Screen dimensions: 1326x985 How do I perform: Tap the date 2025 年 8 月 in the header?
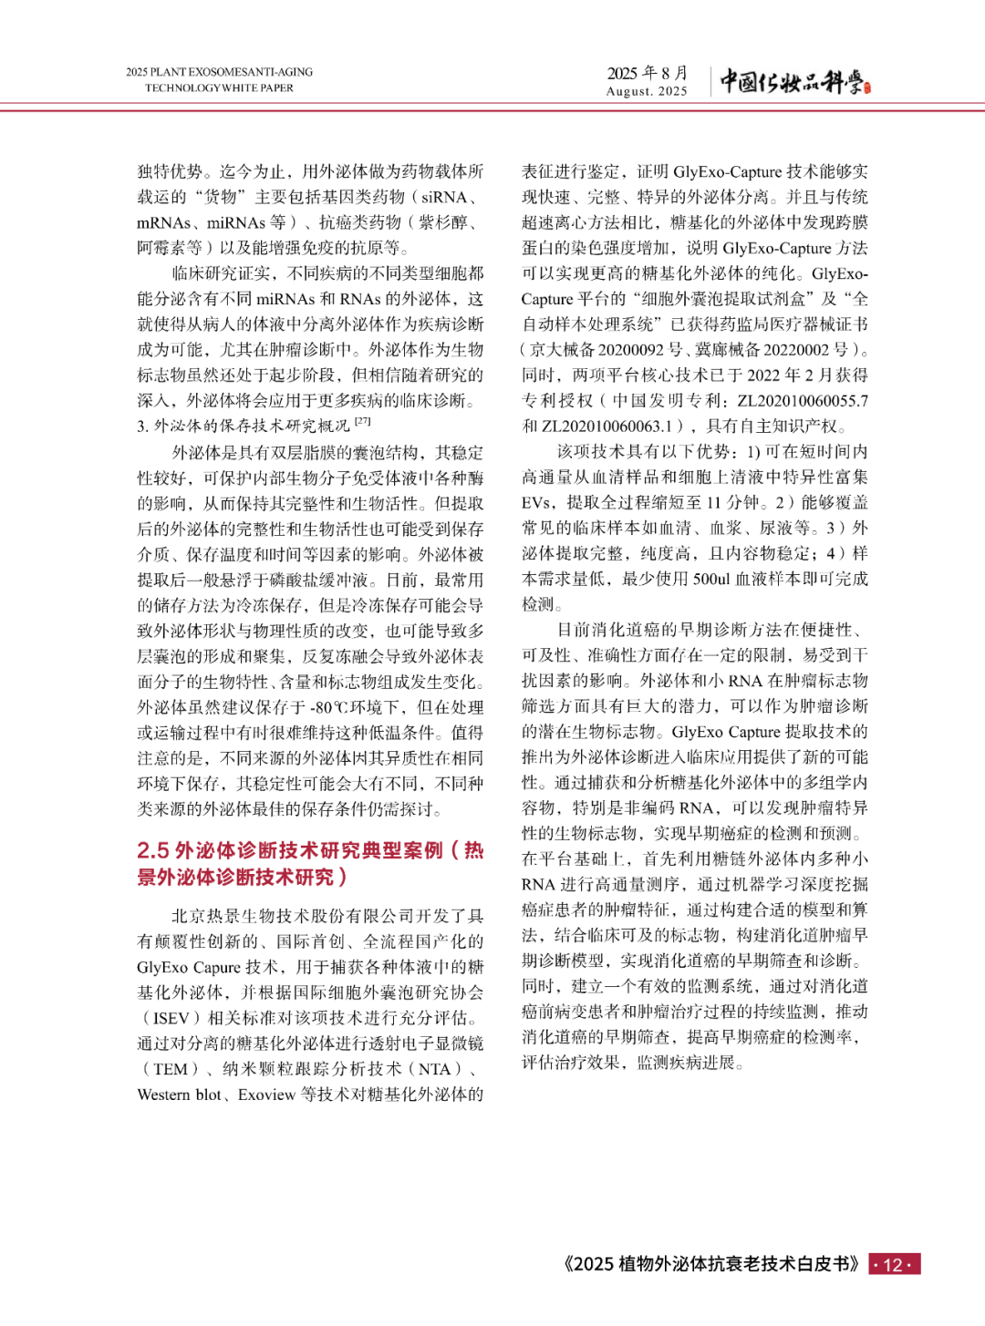tap(648, 73)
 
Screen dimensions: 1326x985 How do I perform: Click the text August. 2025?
tap(647, 91)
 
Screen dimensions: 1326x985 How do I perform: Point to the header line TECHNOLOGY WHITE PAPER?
tap(219, 88)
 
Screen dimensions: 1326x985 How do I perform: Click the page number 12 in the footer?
tap(894, 1265)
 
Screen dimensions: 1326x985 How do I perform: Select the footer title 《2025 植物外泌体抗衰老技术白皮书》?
tap(711, 1264)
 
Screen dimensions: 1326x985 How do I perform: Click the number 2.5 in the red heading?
tap(152, 850)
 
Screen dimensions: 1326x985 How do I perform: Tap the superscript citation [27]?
tap(363, 421)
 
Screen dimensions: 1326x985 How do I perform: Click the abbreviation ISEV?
tap(171, 1018)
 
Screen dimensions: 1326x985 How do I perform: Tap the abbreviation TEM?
tap(171, 1069)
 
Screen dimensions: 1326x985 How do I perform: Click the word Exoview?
tap(266, 1095)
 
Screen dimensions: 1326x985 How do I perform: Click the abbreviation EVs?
tap(536, 502)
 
